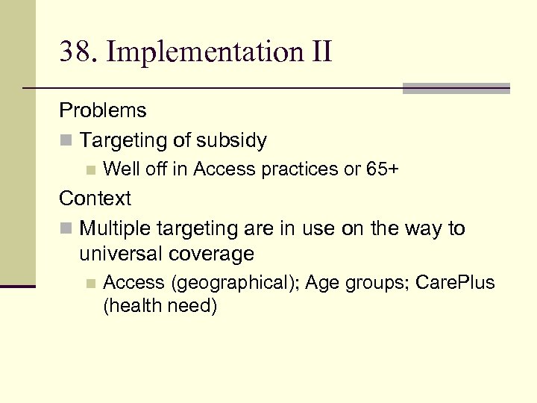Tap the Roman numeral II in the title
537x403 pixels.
[318, 52]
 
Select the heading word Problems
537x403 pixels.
[103, 111]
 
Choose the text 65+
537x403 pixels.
[383, 169]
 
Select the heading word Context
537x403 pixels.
[95, 199]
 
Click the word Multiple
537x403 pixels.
[116, 228]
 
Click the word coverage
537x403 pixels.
[213, 254]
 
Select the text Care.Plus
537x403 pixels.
[455, 284]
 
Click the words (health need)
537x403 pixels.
[160, 306]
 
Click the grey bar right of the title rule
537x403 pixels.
[456, 88]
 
